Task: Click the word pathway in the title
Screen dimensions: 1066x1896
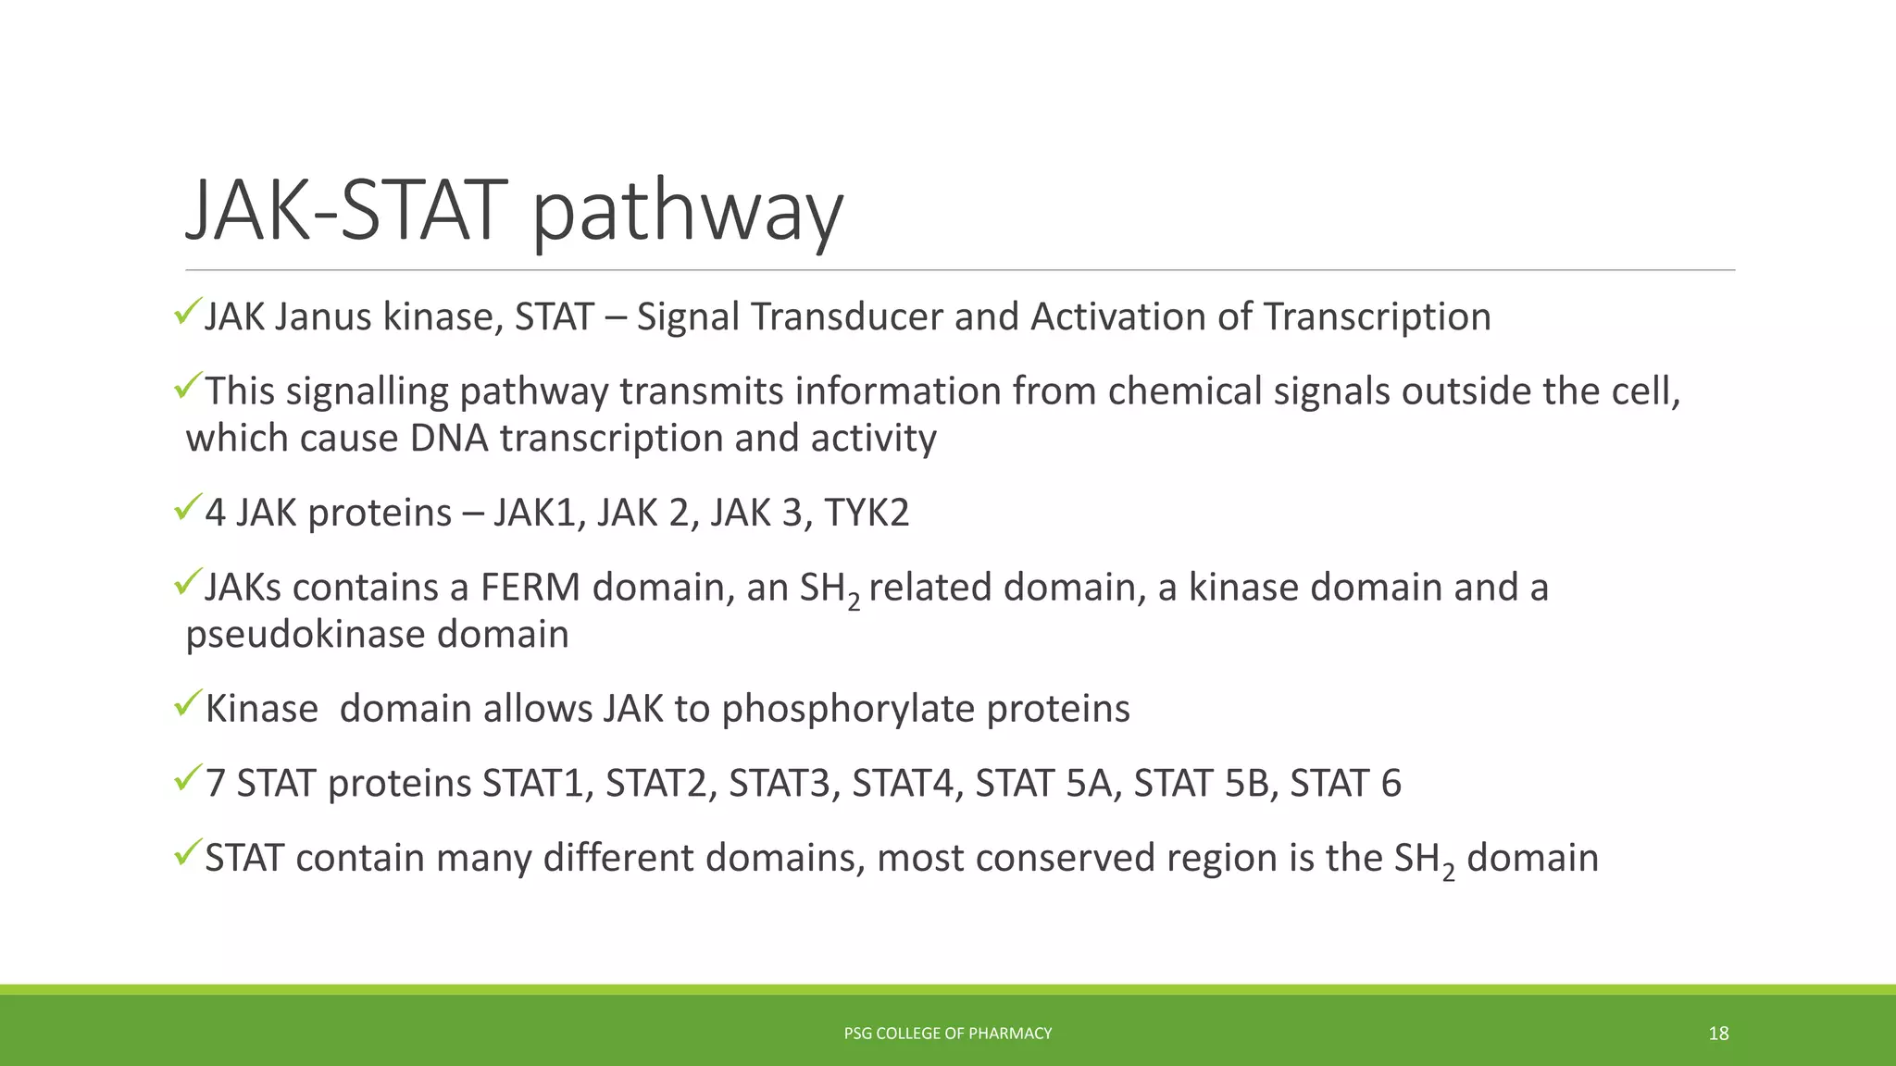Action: tap(687, 213)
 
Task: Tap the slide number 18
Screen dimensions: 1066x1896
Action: tap(1718, 1034)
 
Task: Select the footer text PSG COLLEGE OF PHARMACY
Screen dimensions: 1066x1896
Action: tap(948, 1034)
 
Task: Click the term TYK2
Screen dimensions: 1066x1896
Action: tap(867, 514)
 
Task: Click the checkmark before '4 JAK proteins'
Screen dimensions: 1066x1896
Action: tap(188, 506)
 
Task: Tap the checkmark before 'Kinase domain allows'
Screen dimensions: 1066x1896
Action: tap(188, 703)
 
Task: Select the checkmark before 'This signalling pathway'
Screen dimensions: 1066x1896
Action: tap(188, 385)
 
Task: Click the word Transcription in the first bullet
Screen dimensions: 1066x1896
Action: tap(1377, 317)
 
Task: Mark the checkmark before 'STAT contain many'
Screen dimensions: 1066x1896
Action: tap(188, 852)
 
